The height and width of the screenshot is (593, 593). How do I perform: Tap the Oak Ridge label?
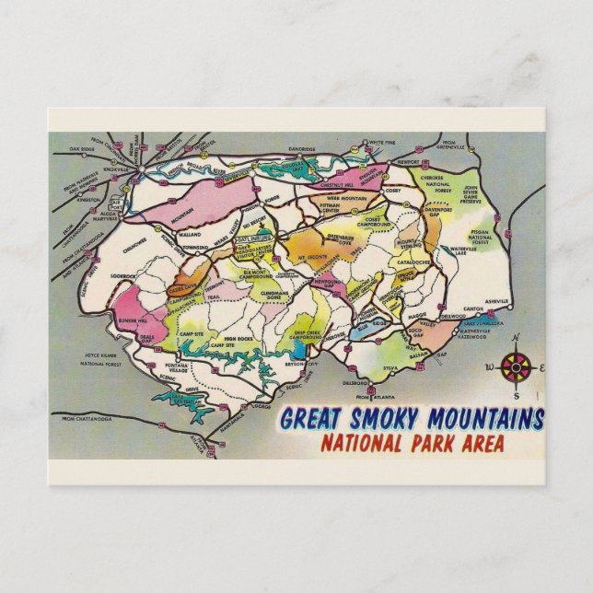click(84, 147)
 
